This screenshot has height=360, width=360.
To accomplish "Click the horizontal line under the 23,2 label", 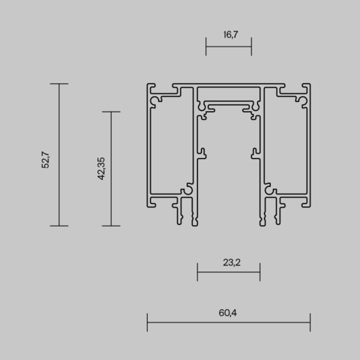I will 229,271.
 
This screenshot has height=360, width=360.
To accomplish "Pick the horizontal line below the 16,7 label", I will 229,46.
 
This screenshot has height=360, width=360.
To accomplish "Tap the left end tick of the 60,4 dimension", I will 147,325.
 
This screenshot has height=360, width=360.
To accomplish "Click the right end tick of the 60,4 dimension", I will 310,325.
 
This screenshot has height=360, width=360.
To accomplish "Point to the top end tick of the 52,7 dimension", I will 58,83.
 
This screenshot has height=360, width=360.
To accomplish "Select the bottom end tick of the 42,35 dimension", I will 111,225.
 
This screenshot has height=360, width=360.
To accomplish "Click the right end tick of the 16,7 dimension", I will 251,46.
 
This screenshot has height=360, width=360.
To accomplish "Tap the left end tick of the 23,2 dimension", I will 197,271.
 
